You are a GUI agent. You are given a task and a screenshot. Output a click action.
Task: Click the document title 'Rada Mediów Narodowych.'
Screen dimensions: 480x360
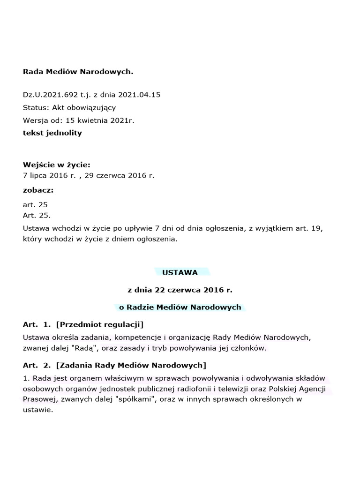(78, 72)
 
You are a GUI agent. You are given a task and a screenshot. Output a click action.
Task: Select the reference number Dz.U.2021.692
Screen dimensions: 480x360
(50, 95)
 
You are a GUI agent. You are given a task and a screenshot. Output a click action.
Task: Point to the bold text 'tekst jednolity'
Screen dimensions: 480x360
(52, 133)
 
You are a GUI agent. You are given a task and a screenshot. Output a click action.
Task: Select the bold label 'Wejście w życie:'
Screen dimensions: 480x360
(57, 165)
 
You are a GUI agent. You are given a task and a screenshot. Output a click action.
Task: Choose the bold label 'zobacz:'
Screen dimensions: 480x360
(38, 190)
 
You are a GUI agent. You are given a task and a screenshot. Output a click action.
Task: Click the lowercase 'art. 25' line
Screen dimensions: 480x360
(35, 205)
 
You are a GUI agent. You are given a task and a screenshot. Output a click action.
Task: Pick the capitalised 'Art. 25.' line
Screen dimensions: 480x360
(37, 216)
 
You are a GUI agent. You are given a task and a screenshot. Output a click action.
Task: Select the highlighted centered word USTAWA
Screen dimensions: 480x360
(180, 272)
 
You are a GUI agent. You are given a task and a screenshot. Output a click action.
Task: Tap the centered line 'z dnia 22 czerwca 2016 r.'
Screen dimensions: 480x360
(180, 290)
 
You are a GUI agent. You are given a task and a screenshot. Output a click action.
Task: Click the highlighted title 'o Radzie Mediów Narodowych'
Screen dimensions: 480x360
(180, 307)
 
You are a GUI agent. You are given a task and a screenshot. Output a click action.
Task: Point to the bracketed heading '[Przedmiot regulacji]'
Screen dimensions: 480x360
(99, 324)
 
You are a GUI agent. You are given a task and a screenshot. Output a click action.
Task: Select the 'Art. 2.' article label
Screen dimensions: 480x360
(37, 365)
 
